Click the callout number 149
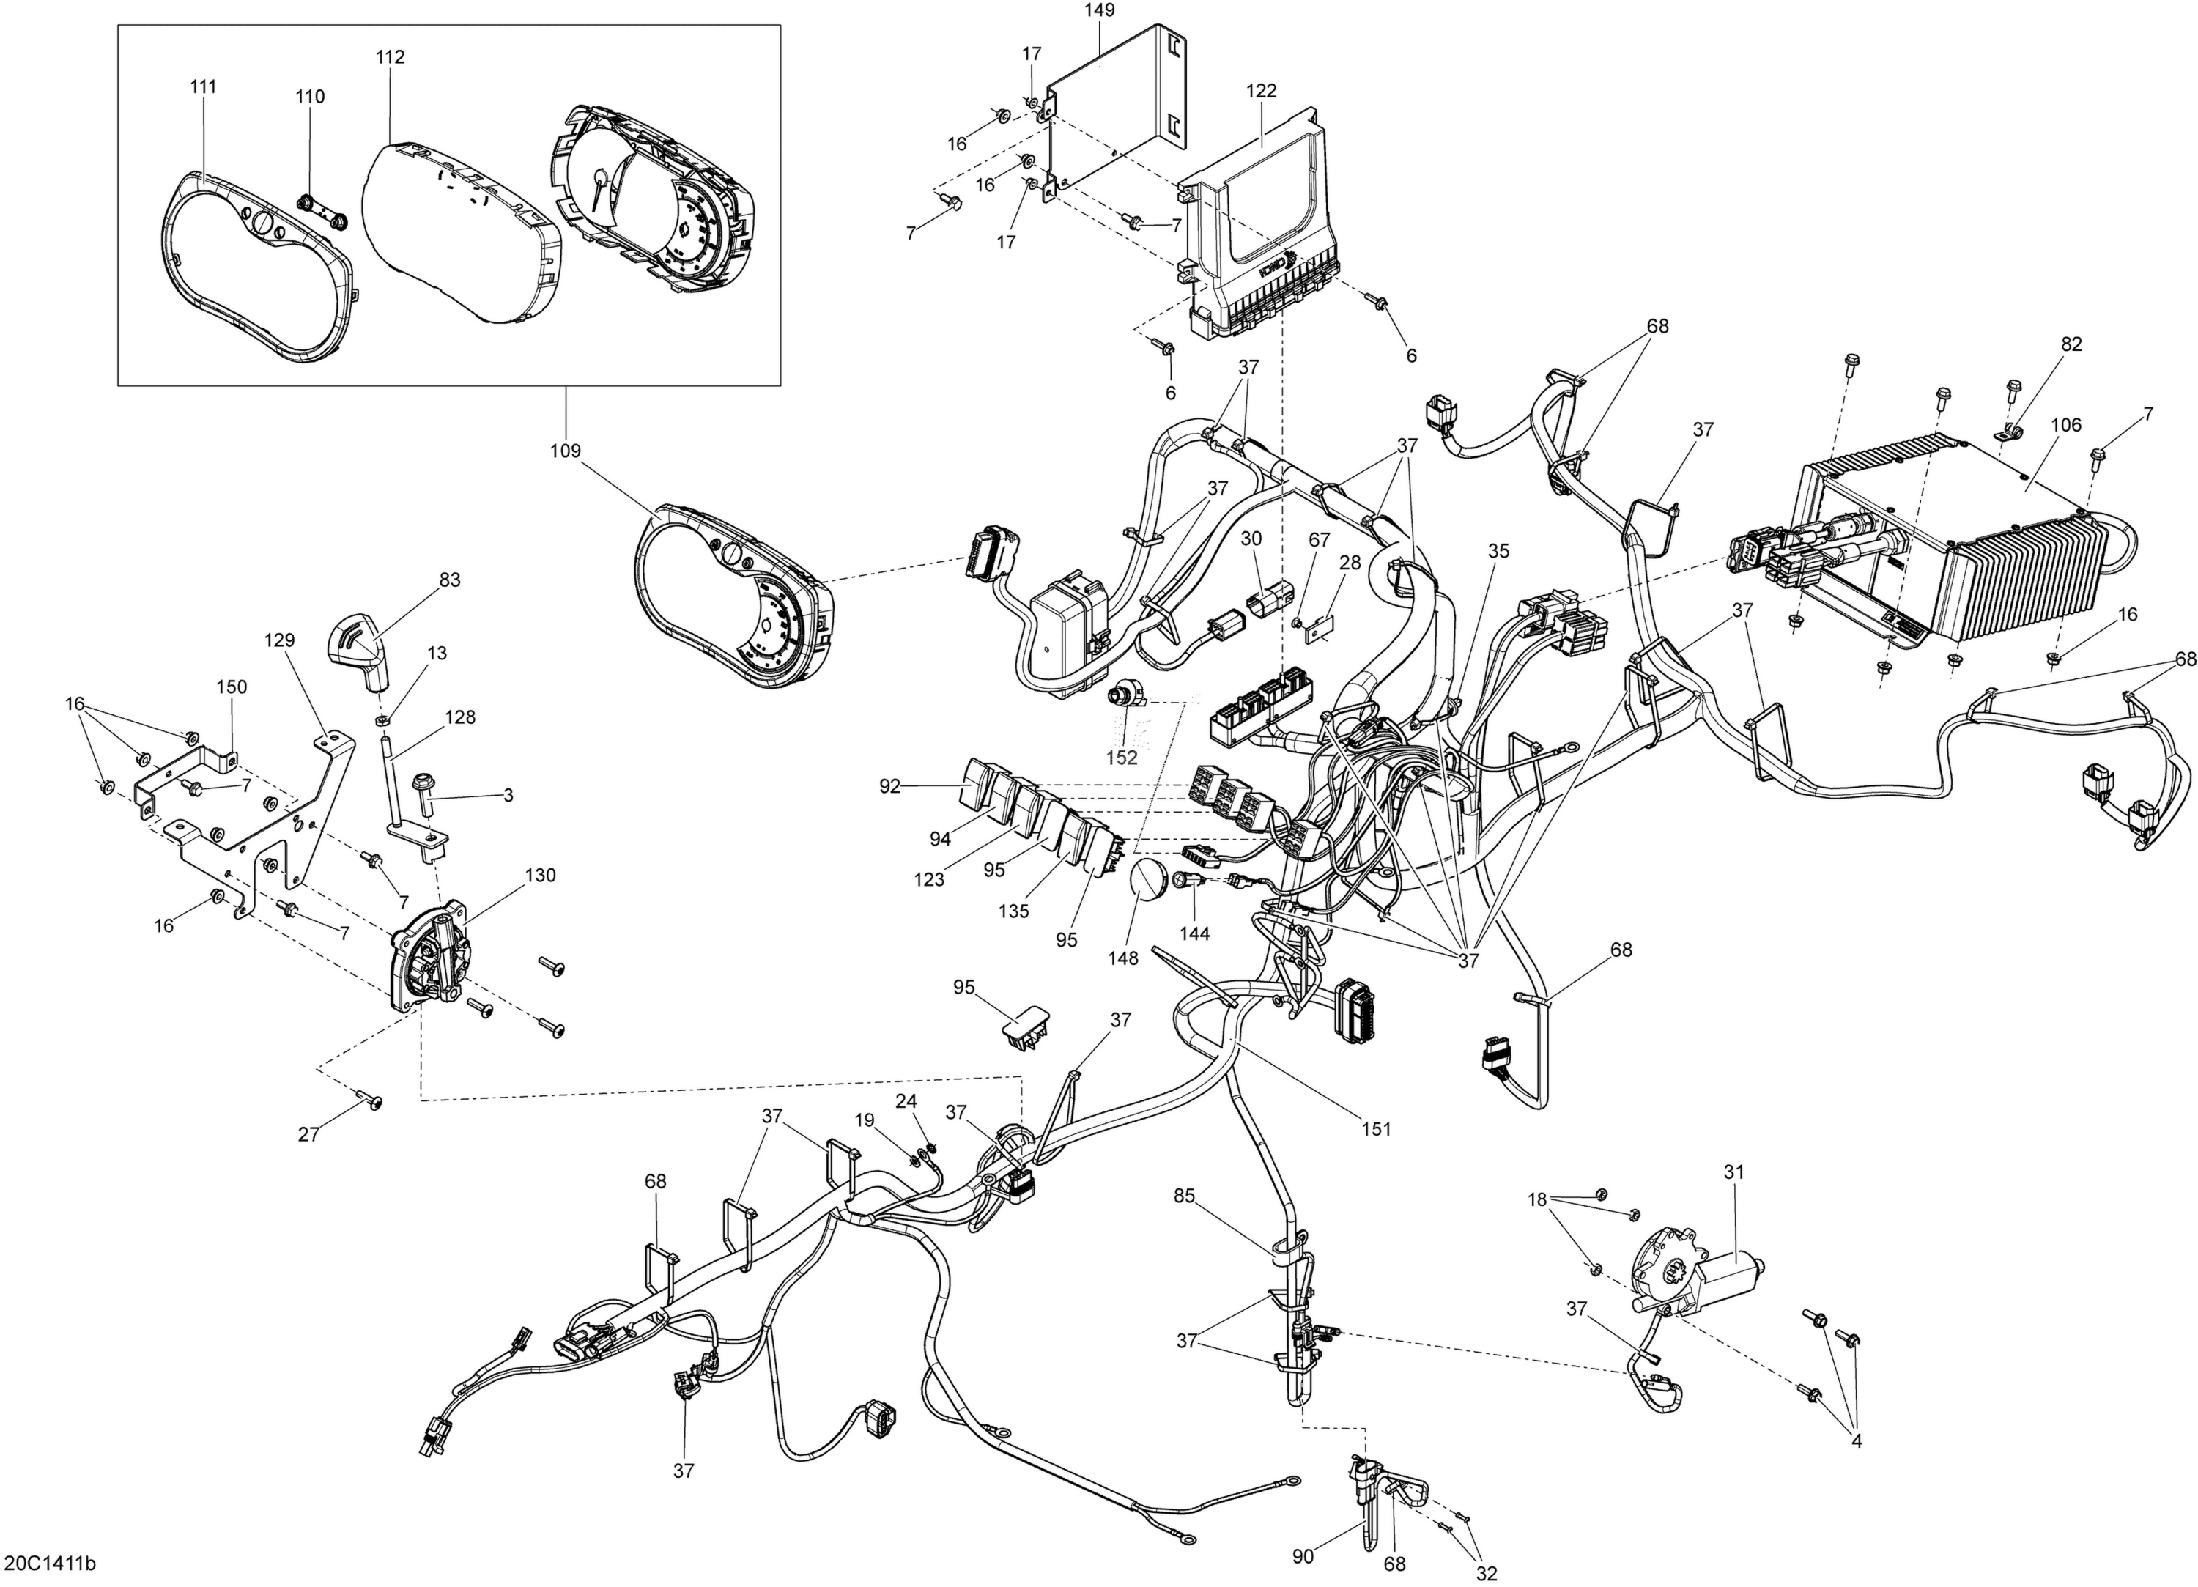(1099, 11)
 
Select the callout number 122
(1261, 91)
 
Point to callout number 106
(2065, 425)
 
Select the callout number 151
(1376, 1128)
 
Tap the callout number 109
(565, 451)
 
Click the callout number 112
(391, 57)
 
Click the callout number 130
(540, 876)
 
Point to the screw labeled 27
(369, 1098)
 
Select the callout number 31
(1733, 1172)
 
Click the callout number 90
(1303, 1557)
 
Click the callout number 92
(889, 786)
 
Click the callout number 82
(2071, 344)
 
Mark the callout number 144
(1195, 933)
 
